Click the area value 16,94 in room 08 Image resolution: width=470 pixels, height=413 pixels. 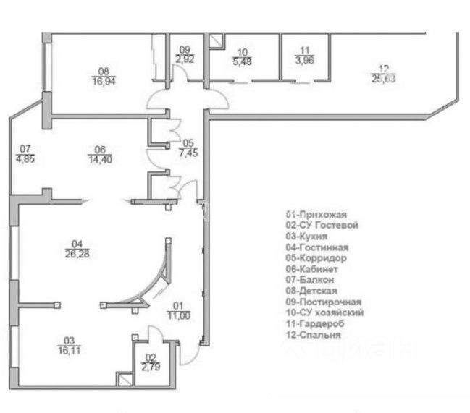tap(103, 81)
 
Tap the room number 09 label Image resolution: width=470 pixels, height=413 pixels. tap(184, 49)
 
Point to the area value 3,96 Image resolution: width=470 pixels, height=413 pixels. tap(304, 61)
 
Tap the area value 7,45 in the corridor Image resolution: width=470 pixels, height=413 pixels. tap(188, 152)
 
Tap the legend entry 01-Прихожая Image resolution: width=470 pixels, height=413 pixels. tap(317, 215)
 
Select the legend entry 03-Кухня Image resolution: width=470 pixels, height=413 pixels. tap(307, 237)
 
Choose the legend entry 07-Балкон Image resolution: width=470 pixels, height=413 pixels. tap(310, 280)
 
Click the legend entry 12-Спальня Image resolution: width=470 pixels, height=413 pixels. tap(314, 335)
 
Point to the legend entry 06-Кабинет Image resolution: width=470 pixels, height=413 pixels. tap(312, 269)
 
